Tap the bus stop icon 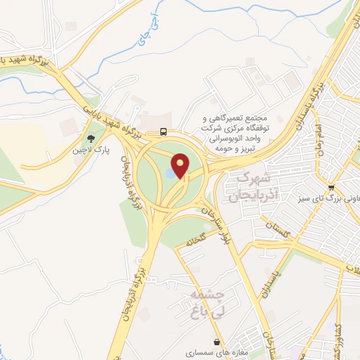click(x=163, y=131)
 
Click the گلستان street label click(x=280, y=229)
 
